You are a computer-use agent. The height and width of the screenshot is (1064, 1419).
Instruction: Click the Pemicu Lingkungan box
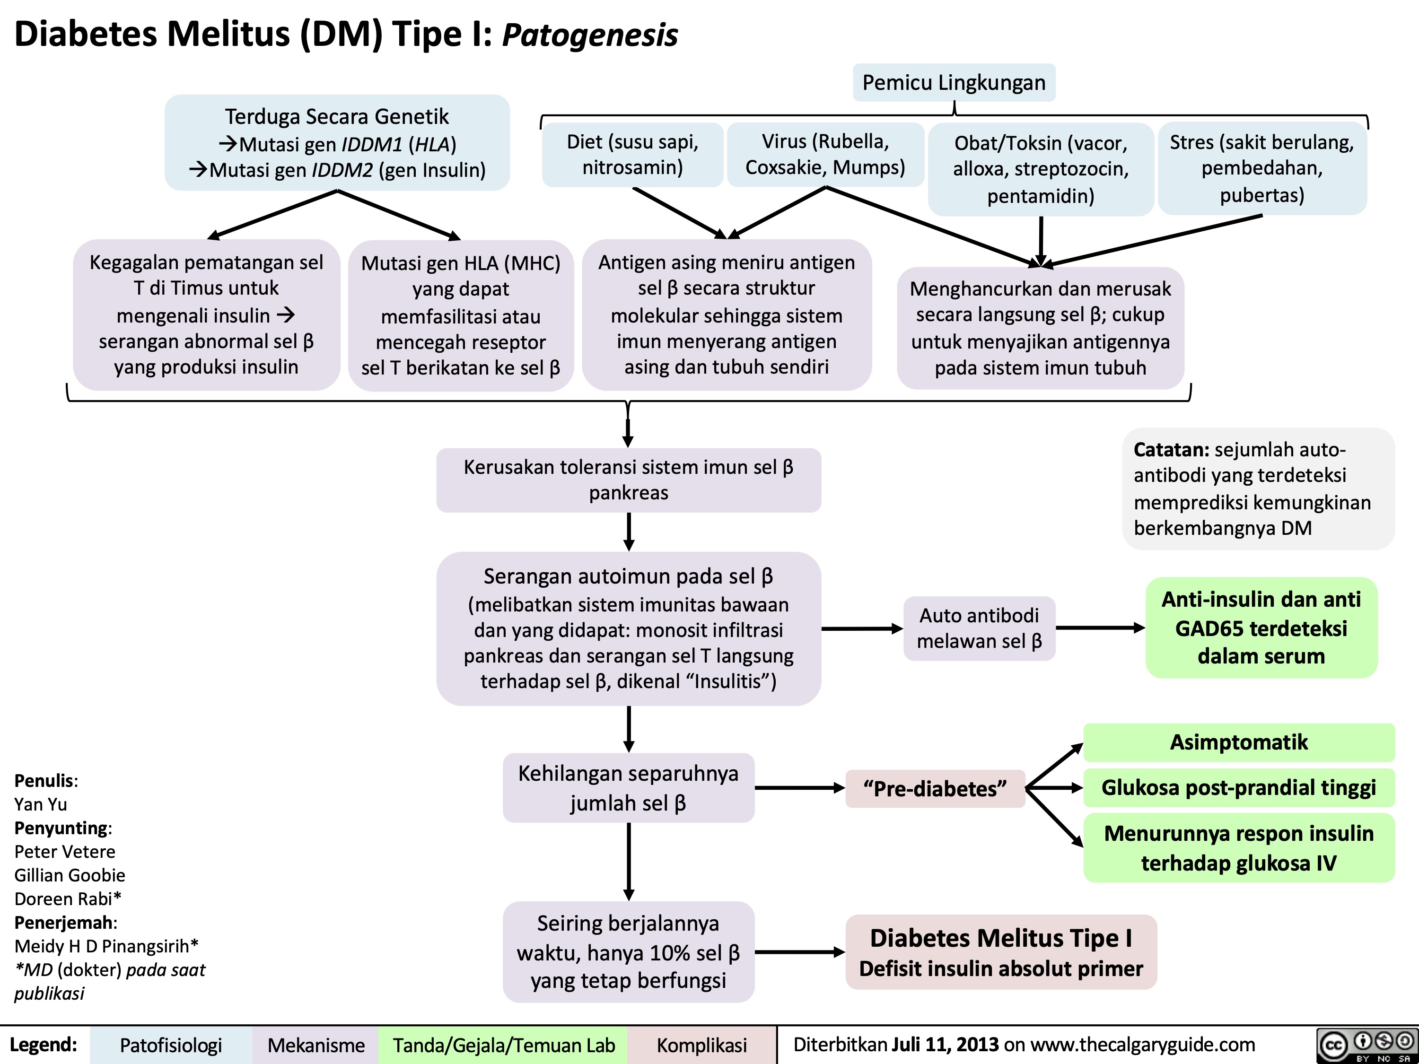click(954, 82)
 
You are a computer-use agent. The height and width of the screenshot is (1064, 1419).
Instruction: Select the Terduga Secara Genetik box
click(337, 142)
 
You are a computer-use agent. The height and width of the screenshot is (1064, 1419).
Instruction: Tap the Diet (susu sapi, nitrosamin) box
click(632, 155)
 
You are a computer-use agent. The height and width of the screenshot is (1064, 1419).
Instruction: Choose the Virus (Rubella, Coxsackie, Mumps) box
click(825, 155)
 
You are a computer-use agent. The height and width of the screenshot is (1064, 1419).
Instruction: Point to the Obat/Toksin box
click(1041, 169)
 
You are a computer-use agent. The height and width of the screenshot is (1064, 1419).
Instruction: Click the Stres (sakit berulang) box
click(1262, 168)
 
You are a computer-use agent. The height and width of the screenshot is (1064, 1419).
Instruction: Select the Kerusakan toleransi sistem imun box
click(629, 480)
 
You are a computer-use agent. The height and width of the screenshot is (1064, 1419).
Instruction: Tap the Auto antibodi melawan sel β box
click(980, 628)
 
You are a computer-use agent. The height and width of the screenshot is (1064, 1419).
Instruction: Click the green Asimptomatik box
click(1239, 742)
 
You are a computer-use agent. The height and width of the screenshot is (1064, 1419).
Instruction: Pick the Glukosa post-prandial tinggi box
click(1239, 787)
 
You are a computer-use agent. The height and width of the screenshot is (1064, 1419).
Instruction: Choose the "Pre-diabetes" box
click(935, 788)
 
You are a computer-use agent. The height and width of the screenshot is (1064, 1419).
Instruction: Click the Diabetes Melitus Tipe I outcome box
click(1001, 952)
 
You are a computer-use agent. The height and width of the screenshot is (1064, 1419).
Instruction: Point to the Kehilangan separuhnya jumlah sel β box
click(629, 787)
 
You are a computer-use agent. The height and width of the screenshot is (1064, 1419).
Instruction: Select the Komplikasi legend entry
click(702, 1045)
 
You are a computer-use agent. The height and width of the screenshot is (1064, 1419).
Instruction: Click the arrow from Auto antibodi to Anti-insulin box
click(1101, 628)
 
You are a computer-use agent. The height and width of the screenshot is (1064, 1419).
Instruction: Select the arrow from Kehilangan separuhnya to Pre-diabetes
click(800, 788)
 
